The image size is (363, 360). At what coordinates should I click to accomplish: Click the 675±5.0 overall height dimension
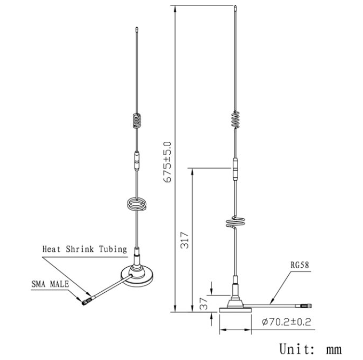(x=167, y=162)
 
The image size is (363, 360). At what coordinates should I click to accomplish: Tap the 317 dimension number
(x=185, y=240)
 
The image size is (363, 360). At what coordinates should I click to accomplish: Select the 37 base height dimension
(x=204, y=303)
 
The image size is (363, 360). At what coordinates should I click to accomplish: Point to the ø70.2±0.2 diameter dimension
(x=286, y=322)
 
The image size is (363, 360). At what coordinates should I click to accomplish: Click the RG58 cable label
(x=300, y=265)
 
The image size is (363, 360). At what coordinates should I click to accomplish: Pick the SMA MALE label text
(x=50, y=284)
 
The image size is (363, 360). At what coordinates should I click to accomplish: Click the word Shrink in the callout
(x=80, y=249)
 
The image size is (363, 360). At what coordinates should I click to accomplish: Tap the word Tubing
(x=113, y=249)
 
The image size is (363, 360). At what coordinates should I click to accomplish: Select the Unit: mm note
(x=311, y=349)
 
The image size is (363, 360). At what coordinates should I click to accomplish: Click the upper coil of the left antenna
(x=137, y=121)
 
